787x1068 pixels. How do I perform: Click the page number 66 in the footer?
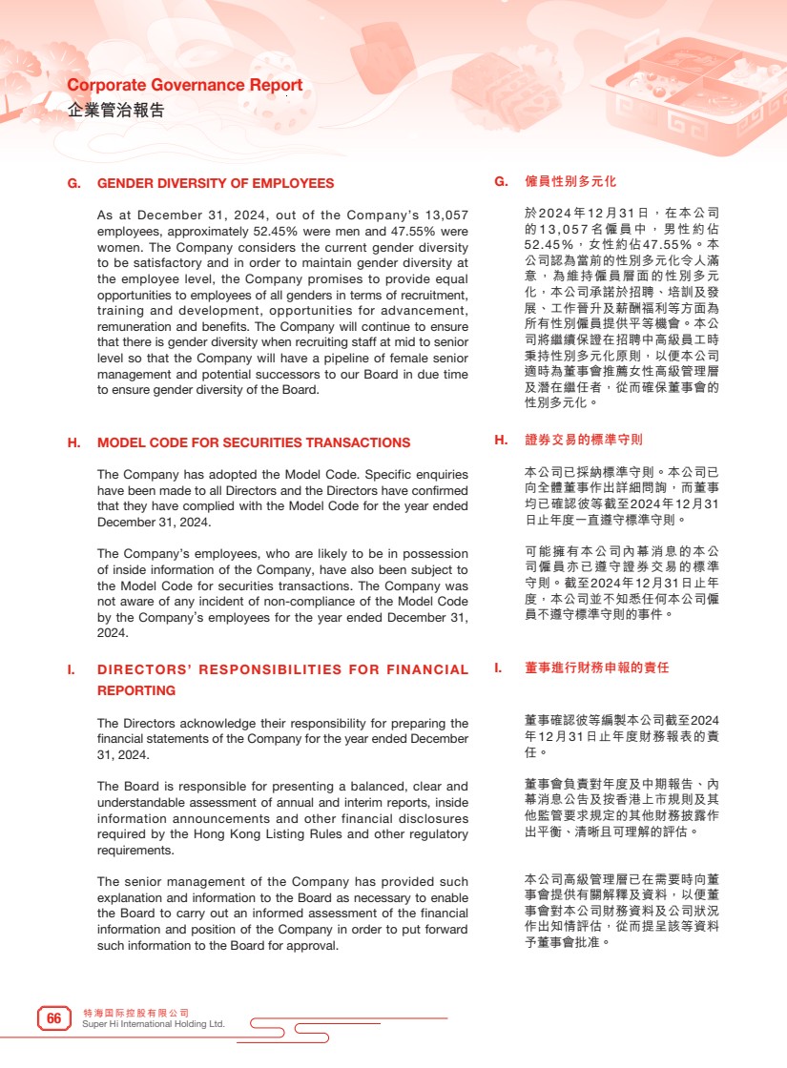click(x=54, y=1018)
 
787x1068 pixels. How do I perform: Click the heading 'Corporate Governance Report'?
click(x=185, y=85)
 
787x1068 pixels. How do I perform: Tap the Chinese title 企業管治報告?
click(x=116, y=110)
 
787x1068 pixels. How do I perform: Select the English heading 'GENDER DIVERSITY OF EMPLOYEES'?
click(x=216, y=183)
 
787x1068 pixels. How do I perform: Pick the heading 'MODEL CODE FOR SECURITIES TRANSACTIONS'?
click(x=254, y=442)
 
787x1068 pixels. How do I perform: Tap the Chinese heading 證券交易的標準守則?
click(x=584, y=440)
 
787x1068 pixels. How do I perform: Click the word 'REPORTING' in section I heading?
click(x=136, y=690)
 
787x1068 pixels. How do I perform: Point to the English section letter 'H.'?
click(x=73, y=442)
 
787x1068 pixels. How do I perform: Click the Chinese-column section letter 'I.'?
click(x=498, y=667)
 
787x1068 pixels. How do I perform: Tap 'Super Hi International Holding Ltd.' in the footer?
click(x=154, y=1024)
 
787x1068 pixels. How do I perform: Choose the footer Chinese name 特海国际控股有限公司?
click(x=136, y=1012)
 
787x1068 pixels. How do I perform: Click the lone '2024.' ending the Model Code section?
click(x=113, y=632)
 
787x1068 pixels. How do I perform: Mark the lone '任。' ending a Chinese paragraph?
click(x=536, y=751)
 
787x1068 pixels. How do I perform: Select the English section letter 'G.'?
click(x=73, y=183)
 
